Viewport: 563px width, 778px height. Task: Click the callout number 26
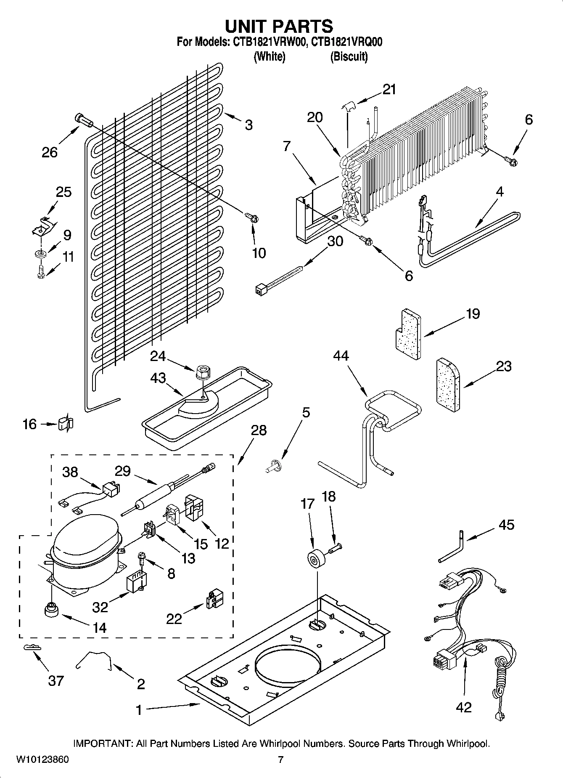coord(49,152)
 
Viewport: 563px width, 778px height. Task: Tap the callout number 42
coord(463,707)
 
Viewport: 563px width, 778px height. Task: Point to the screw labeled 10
coord(252,218)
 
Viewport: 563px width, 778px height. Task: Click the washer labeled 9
coord(41,254)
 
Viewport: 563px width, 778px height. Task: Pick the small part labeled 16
coord(65,423)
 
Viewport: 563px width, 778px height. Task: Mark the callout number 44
coord(341,356)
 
